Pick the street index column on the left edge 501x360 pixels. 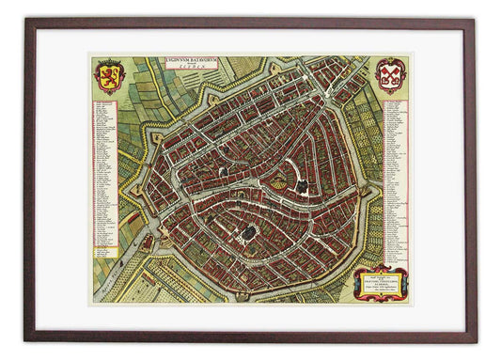click(102, 179)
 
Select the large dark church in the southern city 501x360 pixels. click(249, 229)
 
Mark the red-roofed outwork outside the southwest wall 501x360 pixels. click(148, 242)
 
